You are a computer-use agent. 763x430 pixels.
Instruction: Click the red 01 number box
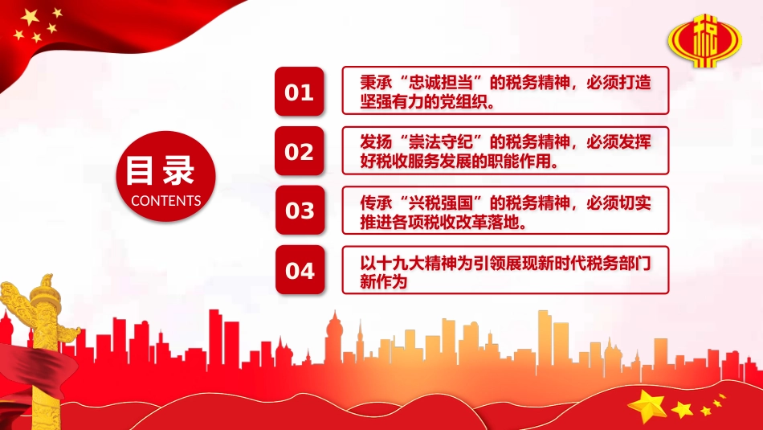pyautogui.click(x=300, y=92)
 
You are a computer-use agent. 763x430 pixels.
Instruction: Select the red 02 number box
pyautogui.click(x=300, y=151)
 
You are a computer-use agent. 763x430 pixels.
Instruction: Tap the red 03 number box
pyautogui.click(x=300, y=211)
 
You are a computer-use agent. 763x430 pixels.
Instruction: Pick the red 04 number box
pyautogui.click(x=300, y=270)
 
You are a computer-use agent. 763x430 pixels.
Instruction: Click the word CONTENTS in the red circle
pyautogui.click(x=165, y=201)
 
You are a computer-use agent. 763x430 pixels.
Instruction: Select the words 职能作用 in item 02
pyautogui.click(x=522, y=162)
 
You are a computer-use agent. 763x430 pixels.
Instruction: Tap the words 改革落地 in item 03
pyautogui.click(x=491, y=222)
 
